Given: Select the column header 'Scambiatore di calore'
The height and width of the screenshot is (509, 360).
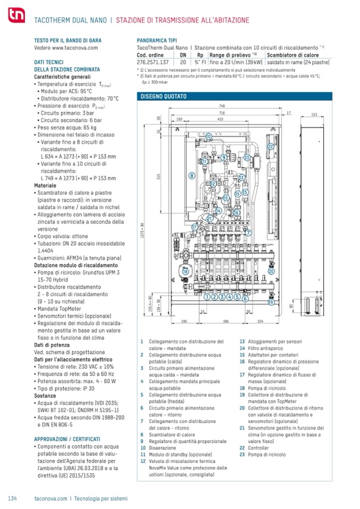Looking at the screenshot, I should [293, 55].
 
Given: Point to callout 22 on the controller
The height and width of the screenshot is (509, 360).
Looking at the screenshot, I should [271, 146].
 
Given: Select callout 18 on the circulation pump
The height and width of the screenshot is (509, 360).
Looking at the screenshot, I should [185, 271].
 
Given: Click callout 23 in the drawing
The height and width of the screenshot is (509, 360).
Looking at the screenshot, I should [247, 158].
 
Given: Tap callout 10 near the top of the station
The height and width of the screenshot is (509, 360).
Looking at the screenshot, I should [209, 136].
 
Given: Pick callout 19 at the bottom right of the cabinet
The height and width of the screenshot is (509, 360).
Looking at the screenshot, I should [270, 303].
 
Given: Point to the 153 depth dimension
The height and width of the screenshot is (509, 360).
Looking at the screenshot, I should [313, 114].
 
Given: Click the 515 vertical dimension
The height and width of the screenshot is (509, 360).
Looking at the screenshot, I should [158, 178].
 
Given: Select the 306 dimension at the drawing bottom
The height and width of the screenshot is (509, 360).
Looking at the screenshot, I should [226, 321].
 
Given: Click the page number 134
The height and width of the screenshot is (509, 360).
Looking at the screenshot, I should [12, 498].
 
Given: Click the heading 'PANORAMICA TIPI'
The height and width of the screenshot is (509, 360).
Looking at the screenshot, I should [157, 40].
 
